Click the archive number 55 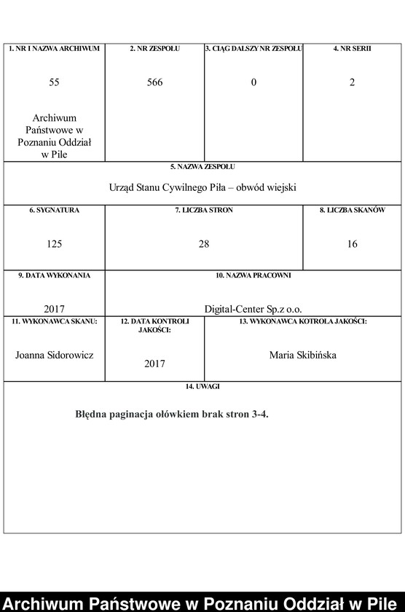point(54,82)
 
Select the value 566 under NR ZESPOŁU point(154,82)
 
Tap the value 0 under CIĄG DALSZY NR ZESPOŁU point(253,82)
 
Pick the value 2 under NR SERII point(352,82)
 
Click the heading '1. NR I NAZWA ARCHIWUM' point(54,49)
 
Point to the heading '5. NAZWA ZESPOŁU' point(203,167)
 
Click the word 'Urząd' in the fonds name point(122,187)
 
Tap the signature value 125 point(54,244)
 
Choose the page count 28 point(204,244)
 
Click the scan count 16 point(352,244)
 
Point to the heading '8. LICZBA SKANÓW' point(352,211)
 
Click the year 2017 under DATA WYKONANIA point(54,308)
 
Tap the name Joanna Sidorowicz point(54,355)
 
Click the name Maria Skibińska point(302,355)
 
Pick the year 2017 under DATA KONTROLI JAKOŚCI point(154,363)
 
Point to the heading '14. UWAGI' point(203,387)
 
